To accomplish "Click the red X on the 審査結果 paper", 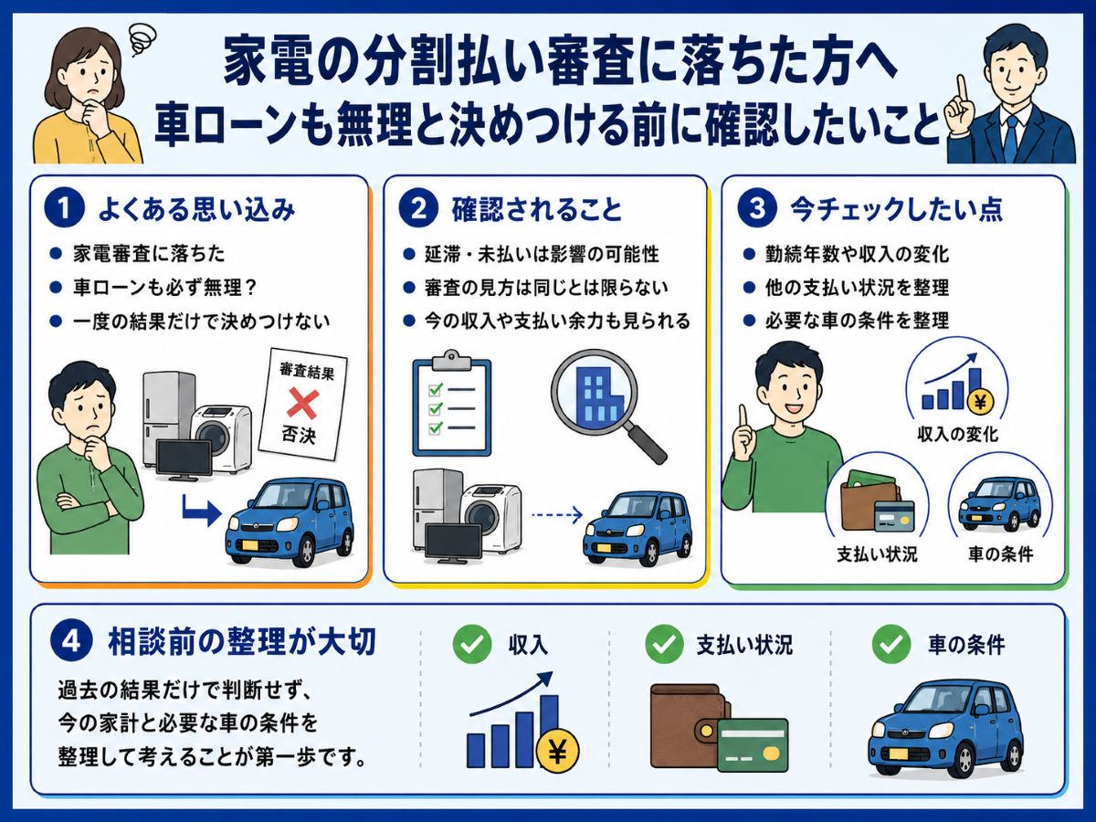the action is click(x=303, y=404).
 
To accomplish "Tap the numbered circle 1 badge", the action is click(x=64, y=208).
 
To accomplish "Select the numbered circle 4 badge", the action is click(x=71, y=641).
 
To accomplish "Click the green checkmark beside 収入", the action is click(x=472, y=644).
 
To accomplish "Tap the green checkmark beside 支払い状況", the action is click(x=664, y=644).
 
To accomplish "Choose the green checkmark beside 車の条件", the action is click(x=891, y=644).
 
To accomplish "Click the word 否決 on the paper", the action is click(x=299, y=435).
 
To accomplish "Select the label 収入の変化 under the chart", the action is click(x=958, y=434).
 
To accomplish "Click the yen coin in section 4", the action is click(x=558, y=751).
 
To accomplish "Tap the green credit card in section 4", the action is click(x=753, y=744).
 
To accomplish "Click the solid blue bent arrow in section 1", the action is click(x=201, y=510).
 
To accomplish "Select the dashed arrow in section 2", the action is click(x=557, y=514).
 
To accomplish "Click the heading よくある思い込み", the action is click(x=196, y=209).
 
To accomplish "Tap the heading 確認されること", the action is click(x=537, y=209).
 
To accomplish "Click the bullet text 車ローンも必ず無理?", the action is click(x=164, y=288).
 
